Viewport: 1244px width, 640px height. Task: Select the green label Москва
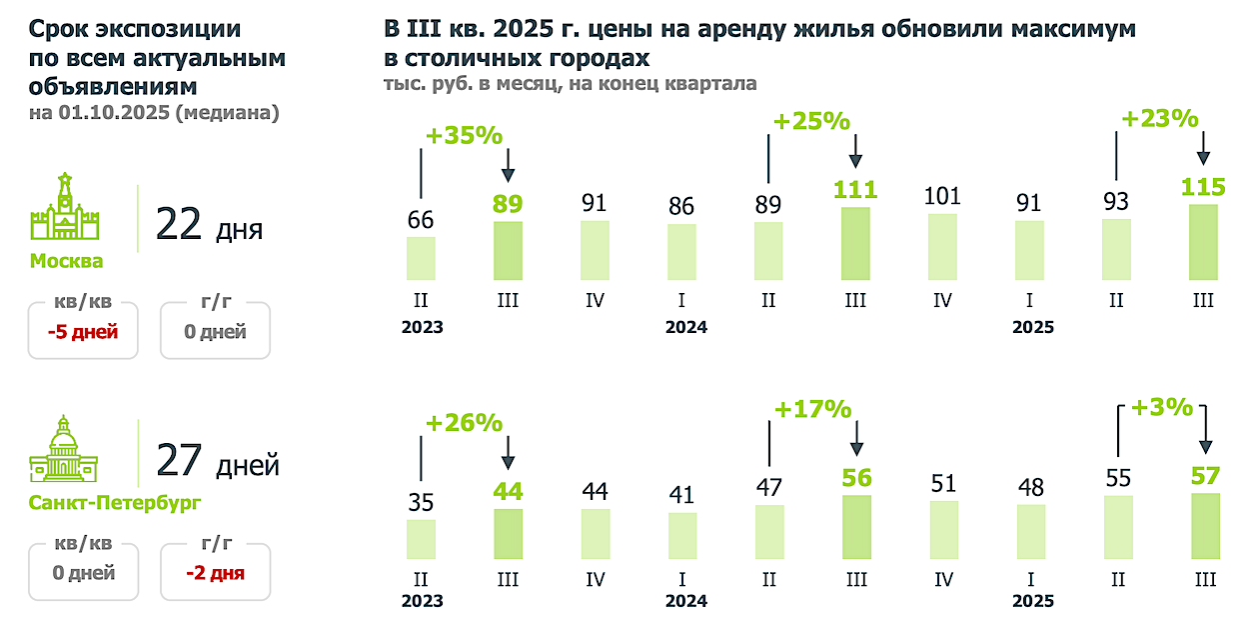coord(66,262)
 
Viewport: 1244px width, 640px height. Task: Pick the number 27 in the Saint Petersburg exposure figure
coord(181,462)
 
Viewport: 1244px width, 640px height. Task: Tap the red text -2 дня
coord(215,573)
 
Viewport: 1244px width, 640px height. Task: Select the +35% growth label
coord(464,136)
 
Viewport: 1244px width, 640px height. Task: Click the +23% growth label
coord(1159,119)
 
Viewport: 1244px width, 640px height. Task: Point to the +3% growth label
coord(1162,407)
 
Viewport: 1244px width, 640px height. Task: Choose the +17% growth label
coord(812,409)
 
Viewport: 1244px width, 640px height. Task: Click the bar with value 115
coord(1203,242)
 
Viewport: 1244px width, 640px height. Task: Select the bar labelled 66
coord(421,258)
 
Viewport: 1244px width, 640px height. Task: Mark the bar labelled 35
coord(421,539)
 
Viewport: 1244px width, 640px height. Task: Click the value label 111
coord(855,190)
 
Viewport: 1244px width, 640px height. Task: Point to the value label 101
coord(942,196)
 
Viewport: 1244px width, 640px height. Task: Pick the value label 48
coord(1029,487)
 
